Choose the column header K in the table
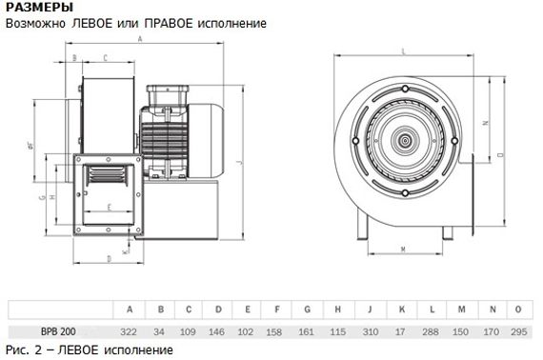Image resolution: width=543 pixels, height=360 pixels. (x=400, y=310)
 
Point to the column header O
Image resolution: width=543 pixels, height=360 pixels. (x=518, y=310)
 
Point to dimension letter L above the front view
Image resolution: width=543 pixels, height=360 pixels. (x=405, y=50)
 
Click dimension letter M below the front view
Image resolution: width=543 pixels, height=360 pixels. (x=404, y=250)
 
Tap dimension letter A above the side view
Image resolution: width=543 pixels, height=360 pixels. (x=140, y=40)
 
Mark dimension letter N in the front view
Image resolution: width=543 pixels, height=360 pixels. (x=485, y=123)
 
